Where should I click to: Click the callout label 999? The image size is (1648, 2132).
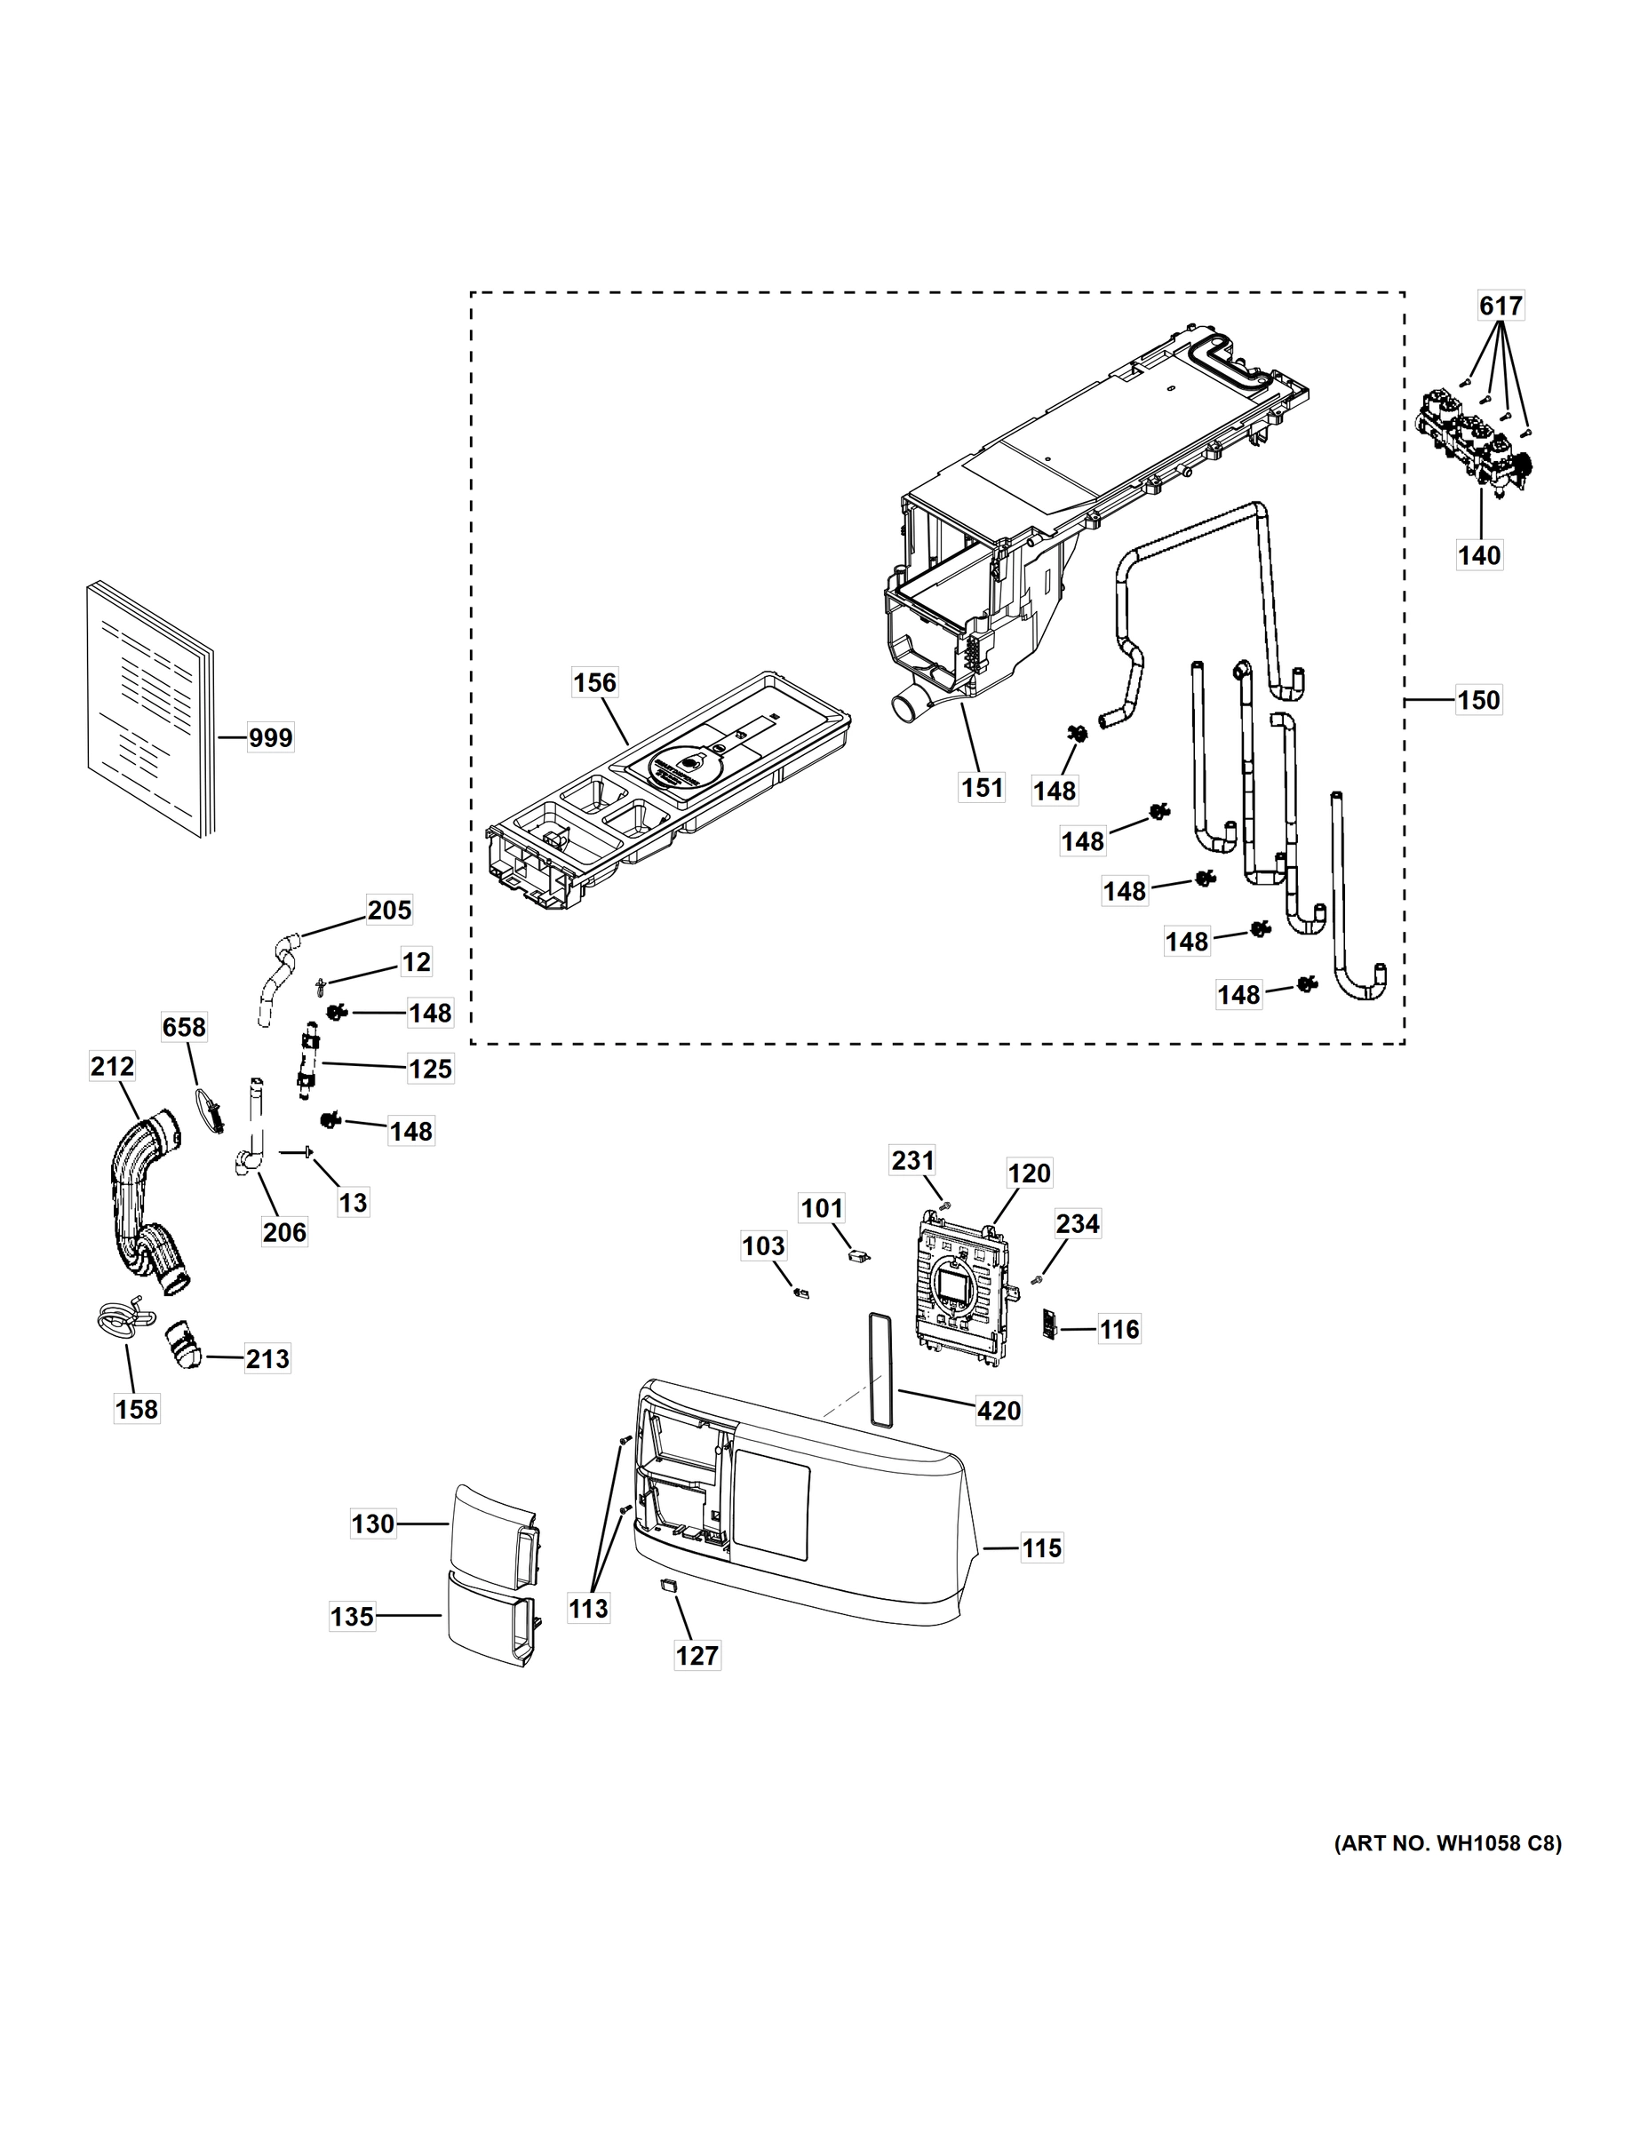269,738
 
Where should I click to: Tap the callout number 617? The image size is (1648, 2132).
1500,306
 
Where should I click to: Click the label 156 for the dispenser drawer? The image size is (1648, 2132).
594,682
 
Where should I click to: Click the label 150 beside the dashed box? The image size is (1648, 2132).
1478,700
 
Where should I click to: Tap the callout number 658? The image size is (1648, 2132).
184,1027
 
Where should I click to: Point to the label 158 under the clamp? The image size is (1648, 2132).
136,1409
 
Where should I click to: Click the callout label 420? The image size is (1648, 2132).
999,1411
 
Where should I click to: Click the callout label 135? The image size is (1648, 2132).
353,1617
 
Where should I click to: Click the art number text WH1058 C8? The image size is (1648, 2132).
1447,1843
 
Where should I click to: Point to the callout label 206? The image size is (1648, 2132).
284,1232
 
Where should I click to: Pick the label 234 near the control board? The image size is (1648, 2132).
1077,1224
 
